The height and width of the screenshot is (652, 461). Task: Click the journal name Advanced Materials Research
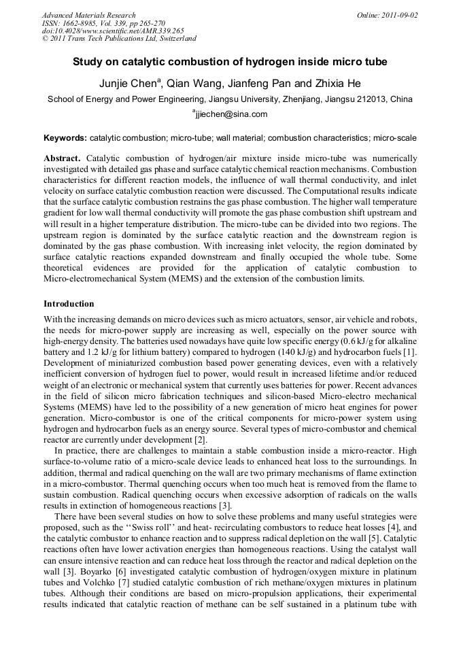pyautogui.click(x=89, y=15)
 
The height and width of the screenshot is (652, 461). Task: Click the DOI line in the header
pyautogui.click(x=113, y=31)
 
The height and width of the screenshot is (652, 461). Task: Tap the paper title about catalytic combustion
pyautogui.click(x=230, y=62)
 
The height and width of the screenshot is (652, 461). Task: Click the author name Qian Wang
pyautogui.click(x=195, y=83)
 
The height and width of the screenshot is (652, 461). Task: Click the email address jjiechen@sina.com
pyautogui.click(x=231, y=114)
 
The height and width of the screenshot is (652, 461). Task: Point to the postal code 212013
pyautogui.click(x=371, y=99)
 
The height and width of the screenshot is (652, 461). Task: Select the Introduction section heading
pyautogui.click(x=69, y=304)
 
